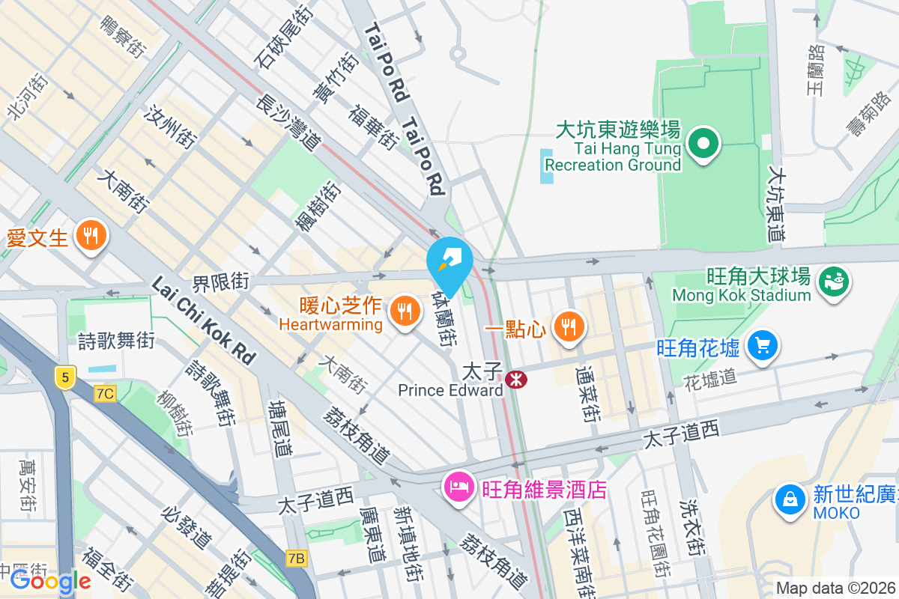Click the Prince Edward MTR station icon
515,380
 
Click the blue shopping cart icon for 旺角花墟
763,347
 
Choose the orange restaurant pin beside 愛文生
91,237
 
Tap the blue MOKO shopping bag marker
789,499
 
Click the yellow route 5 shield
65,377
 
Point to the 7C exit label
105,393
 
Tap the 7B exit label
297,558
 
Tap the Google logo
50,581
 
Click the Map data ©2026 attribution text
835,589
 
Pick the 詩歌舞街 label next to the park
116,341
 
